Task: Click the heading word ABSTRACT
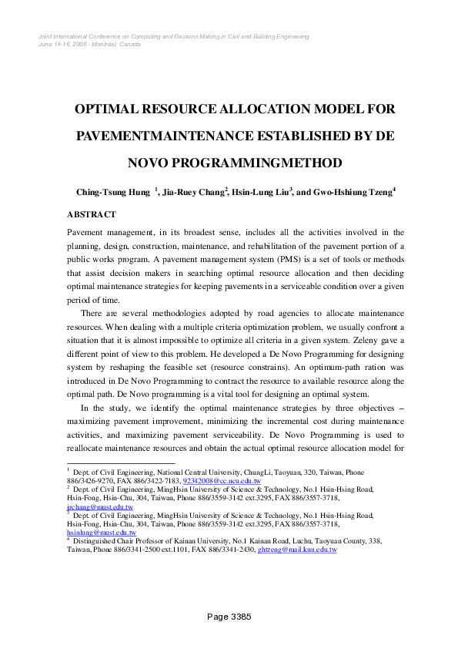coord(92,214)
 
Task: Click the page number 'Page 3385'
coord(229,617)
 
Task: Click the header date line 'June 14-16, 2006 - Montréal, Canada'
coord(89,44)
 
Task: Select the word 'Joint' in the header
coord(45,36)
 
